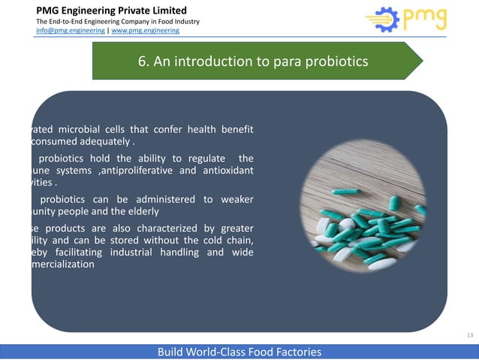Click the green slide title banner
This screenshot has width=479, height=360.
(255, 61)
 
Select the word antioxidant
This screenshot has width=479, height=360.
(222, 171)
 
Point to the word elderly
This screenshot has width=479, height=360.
(152, 212)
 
